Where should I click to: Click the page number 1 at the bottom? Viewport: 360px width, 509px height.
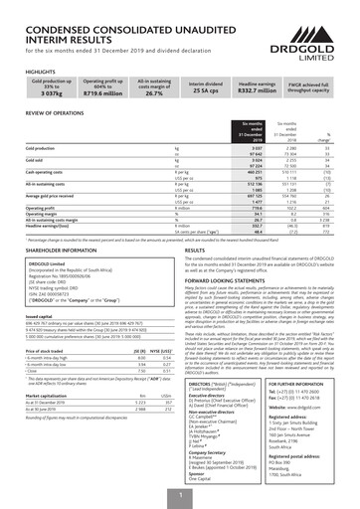click(x=180, y=494)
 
